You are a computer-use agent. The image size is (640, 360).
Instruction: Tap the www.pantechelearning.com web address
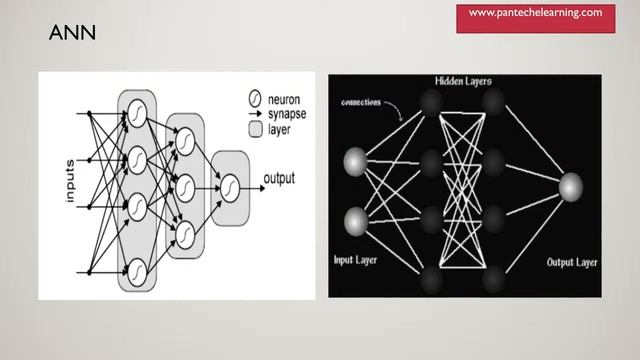(x=535, y=13)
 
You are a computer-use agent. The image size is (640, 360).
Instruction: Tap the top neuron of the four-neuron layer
(x=138, y=115)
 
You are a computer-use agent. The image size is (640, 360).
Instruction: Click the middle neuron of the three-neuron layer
(x=184, y=184)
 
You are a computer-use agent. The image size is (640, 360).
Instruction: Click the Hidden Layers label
(x=463, y=80)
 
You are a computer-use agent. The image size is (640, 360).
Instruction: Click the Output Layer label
(x=572, y=262)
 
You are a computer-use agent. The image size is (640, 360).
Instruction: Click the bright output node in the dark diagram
(x=570, y=187)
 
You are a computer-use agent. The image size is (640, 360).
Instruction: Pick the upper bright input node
(x=354, y=159)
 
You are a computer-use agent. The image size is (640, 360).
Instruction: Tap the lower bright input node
(x=354, y=220)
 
